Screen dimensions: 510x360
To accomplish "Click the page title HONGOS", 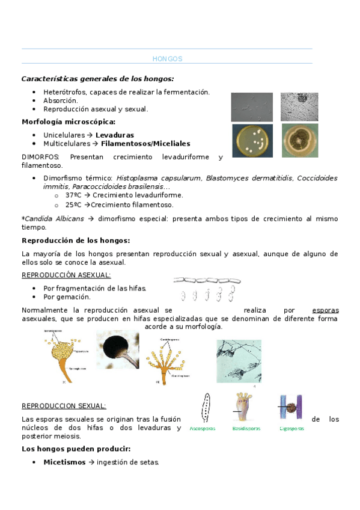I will (167, 59).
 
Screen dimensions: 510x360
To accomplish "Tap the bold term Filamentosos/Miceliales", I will (145, 144).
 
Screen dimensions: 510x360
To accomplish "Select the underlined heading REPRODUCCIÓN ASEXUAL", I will (66, 275).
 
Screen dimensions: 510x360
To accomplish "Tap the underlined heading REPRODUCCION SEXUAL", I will (64, 406).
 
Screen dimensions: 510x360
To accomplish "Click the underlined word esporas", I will (326, 310).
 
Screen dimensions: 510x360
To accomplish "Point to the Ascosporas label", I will (204, 429).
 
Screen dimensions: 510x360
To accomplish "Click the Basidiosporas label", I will (246, 429).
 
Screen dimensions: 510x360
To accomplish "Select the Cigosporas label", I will (291, 429).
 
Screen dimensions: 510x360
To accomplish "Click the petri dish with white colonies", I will (252, 140).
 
